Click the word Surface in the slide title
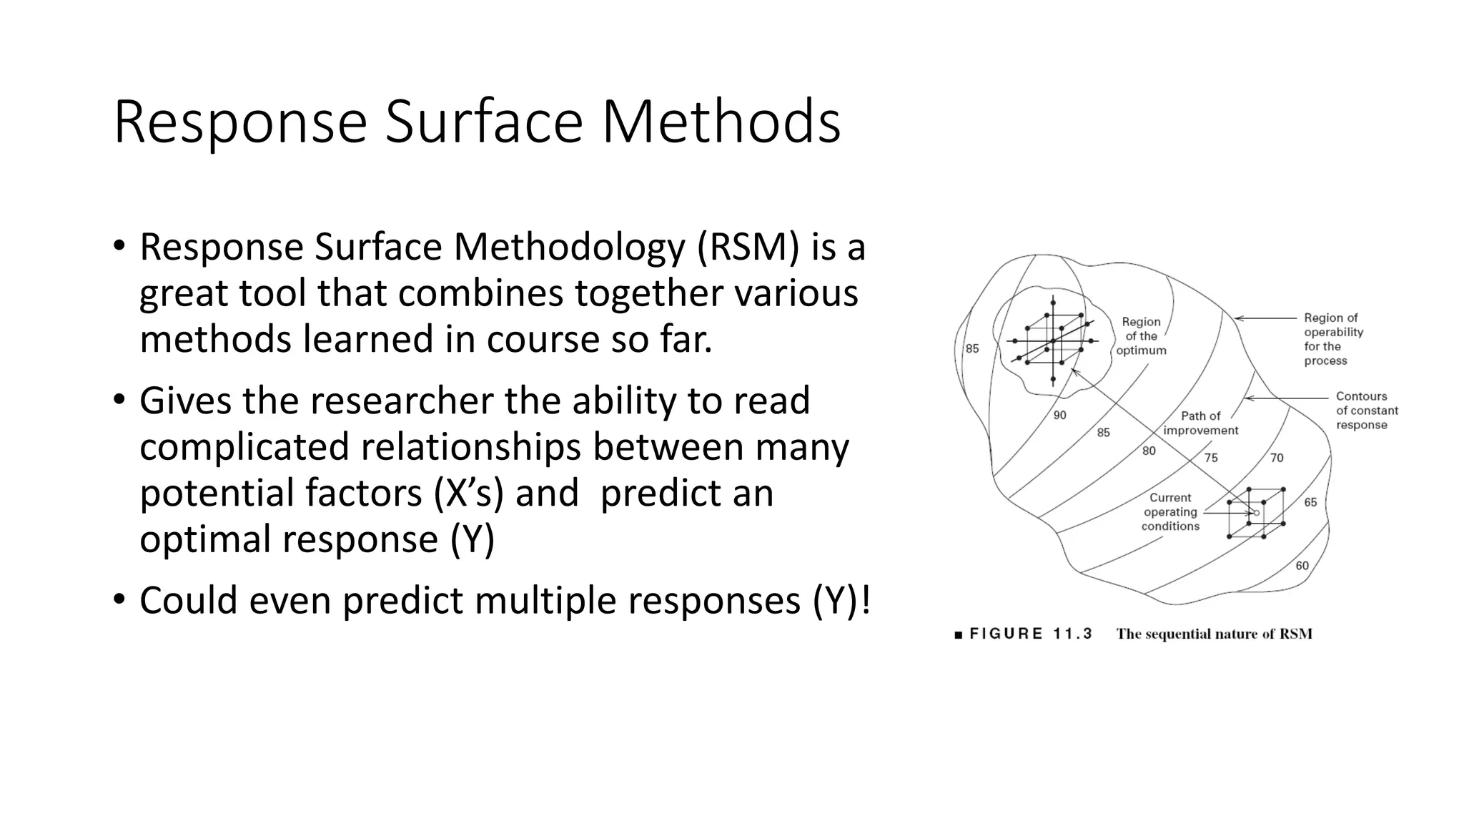click(x=485, y=122)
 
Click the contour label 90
click(x=1059, y=415)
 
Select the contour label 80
click(x=1148, y=451)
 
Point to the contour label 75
click(x=1210, y=458)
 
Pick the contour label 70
click(x=1277, y=458)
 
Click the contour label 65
click(x=1310, y=502)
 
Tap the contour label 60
click(x=1302, y=566)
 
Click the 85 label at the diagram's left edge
click(x=972, y=349)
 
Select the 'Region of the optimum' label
click(x=1141, y=336)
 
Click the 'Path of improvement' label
click(x=1201, y=423)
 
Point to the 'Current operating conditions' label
click(x=1170, y=512)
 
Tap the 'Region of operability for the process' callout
click(x=1333, y=339)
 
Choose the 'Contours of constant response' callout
click(x=1366, y=411)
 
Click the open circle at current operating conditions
click(x=1257, y=513)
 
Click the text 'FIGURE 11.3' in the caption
click(x=1030, y=634)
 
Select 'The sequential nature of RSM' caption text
click(x=1214, y=634)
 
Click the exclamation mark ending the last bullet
click(x=866, y=599)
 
